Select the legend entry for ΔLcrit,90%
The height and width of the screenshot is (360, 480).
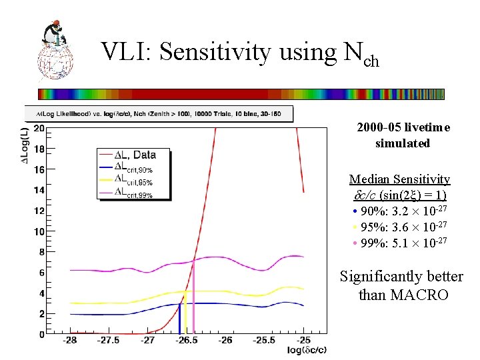pos(134,168)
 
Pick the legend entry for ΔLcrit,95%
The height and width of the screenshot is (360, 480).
pos(134,181)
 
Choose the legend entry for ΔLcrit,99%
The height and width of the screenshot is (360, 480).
pos(134,194)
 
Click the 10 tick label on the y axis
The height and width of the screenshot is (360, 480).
pos(39,231)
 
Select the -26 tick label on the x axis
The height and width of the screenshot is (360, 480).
pos(226,341)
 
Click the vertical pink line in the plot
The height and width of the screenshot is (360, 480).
pos(193,297)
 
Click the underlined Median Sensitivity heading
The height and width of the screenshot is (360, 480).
pos(399,179)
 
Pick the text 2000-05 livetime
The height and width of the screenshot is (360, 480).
pos(403,127)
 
